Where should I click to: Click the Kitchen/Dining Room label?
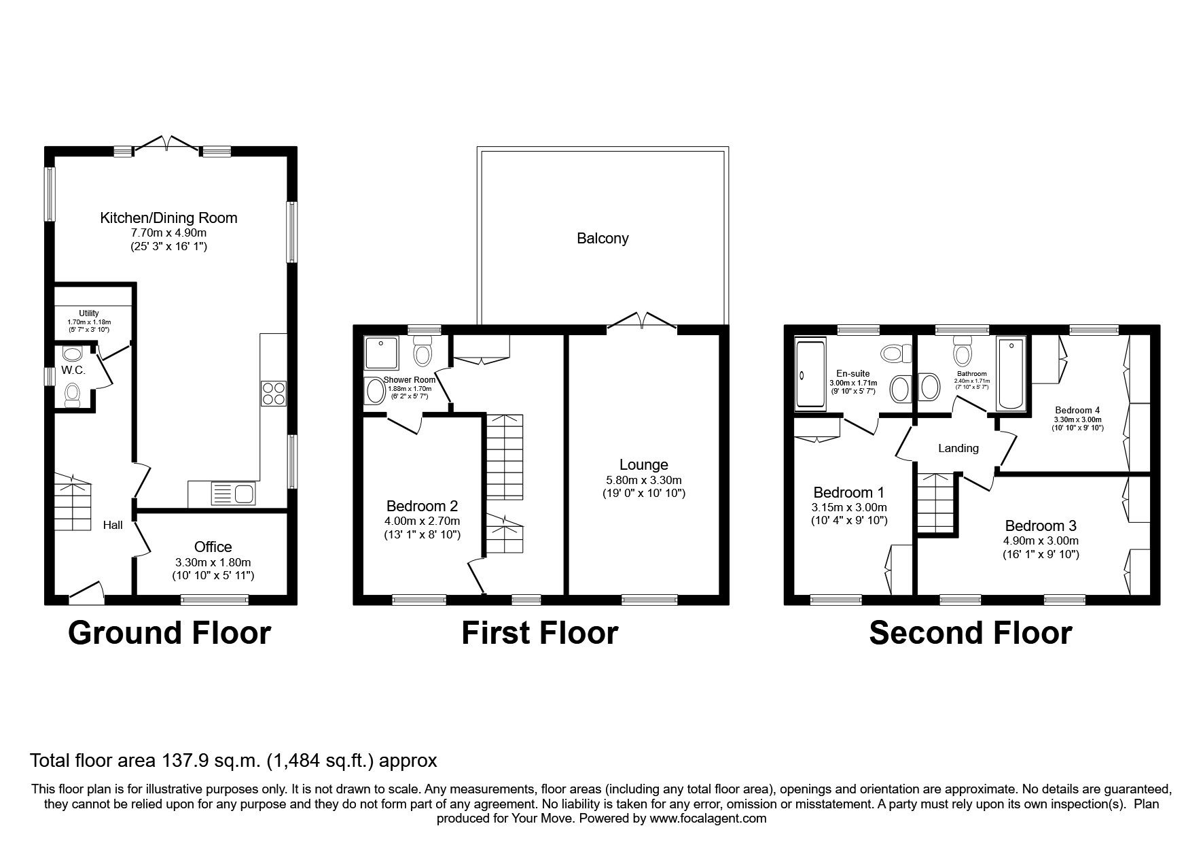point(168,218)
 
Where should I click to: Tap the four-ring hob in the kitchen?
point(273,394)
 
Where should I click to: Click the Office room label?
point(213,547)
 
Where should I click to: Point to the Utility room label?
point(89,313)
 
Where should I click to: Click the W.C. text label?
point(73,371)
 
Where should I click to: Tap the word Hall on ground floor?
point(113,525)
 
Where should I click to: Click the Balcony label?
point(603,239)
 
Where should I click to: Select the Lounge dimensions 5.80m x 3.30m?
point(643,479)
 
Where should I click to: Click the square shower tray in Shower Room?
point(380,353)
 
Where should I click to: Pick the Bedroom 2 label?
point(422,506)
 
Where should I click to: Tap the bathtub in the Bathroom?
point(1011,375)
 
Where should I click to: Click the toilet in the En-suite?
point(896,354)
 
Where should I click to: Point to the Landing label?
point(958,448)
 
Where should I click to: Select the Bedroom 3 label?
point(1040,526)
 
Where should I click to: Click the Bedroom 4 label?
point(1077,410)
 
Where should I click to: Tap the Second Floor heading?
point(970,633)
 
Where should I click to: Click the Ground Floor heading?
point(170,633)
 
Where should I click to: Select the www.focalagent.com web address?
point(708,819)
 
